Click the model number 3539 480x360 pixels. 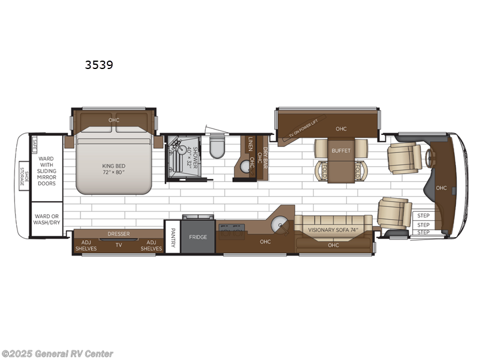pos(100,64)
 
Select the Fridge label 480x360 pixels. pos(197,237)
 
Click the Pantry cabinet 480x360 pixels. pos(172,238)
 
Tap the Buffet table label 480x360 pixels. pos(341,151)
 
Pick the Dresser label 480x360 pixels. pos(118,234)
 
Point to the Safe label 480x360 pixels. pos(35,143)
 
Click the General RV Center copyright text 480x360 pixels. pos(57,354)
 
